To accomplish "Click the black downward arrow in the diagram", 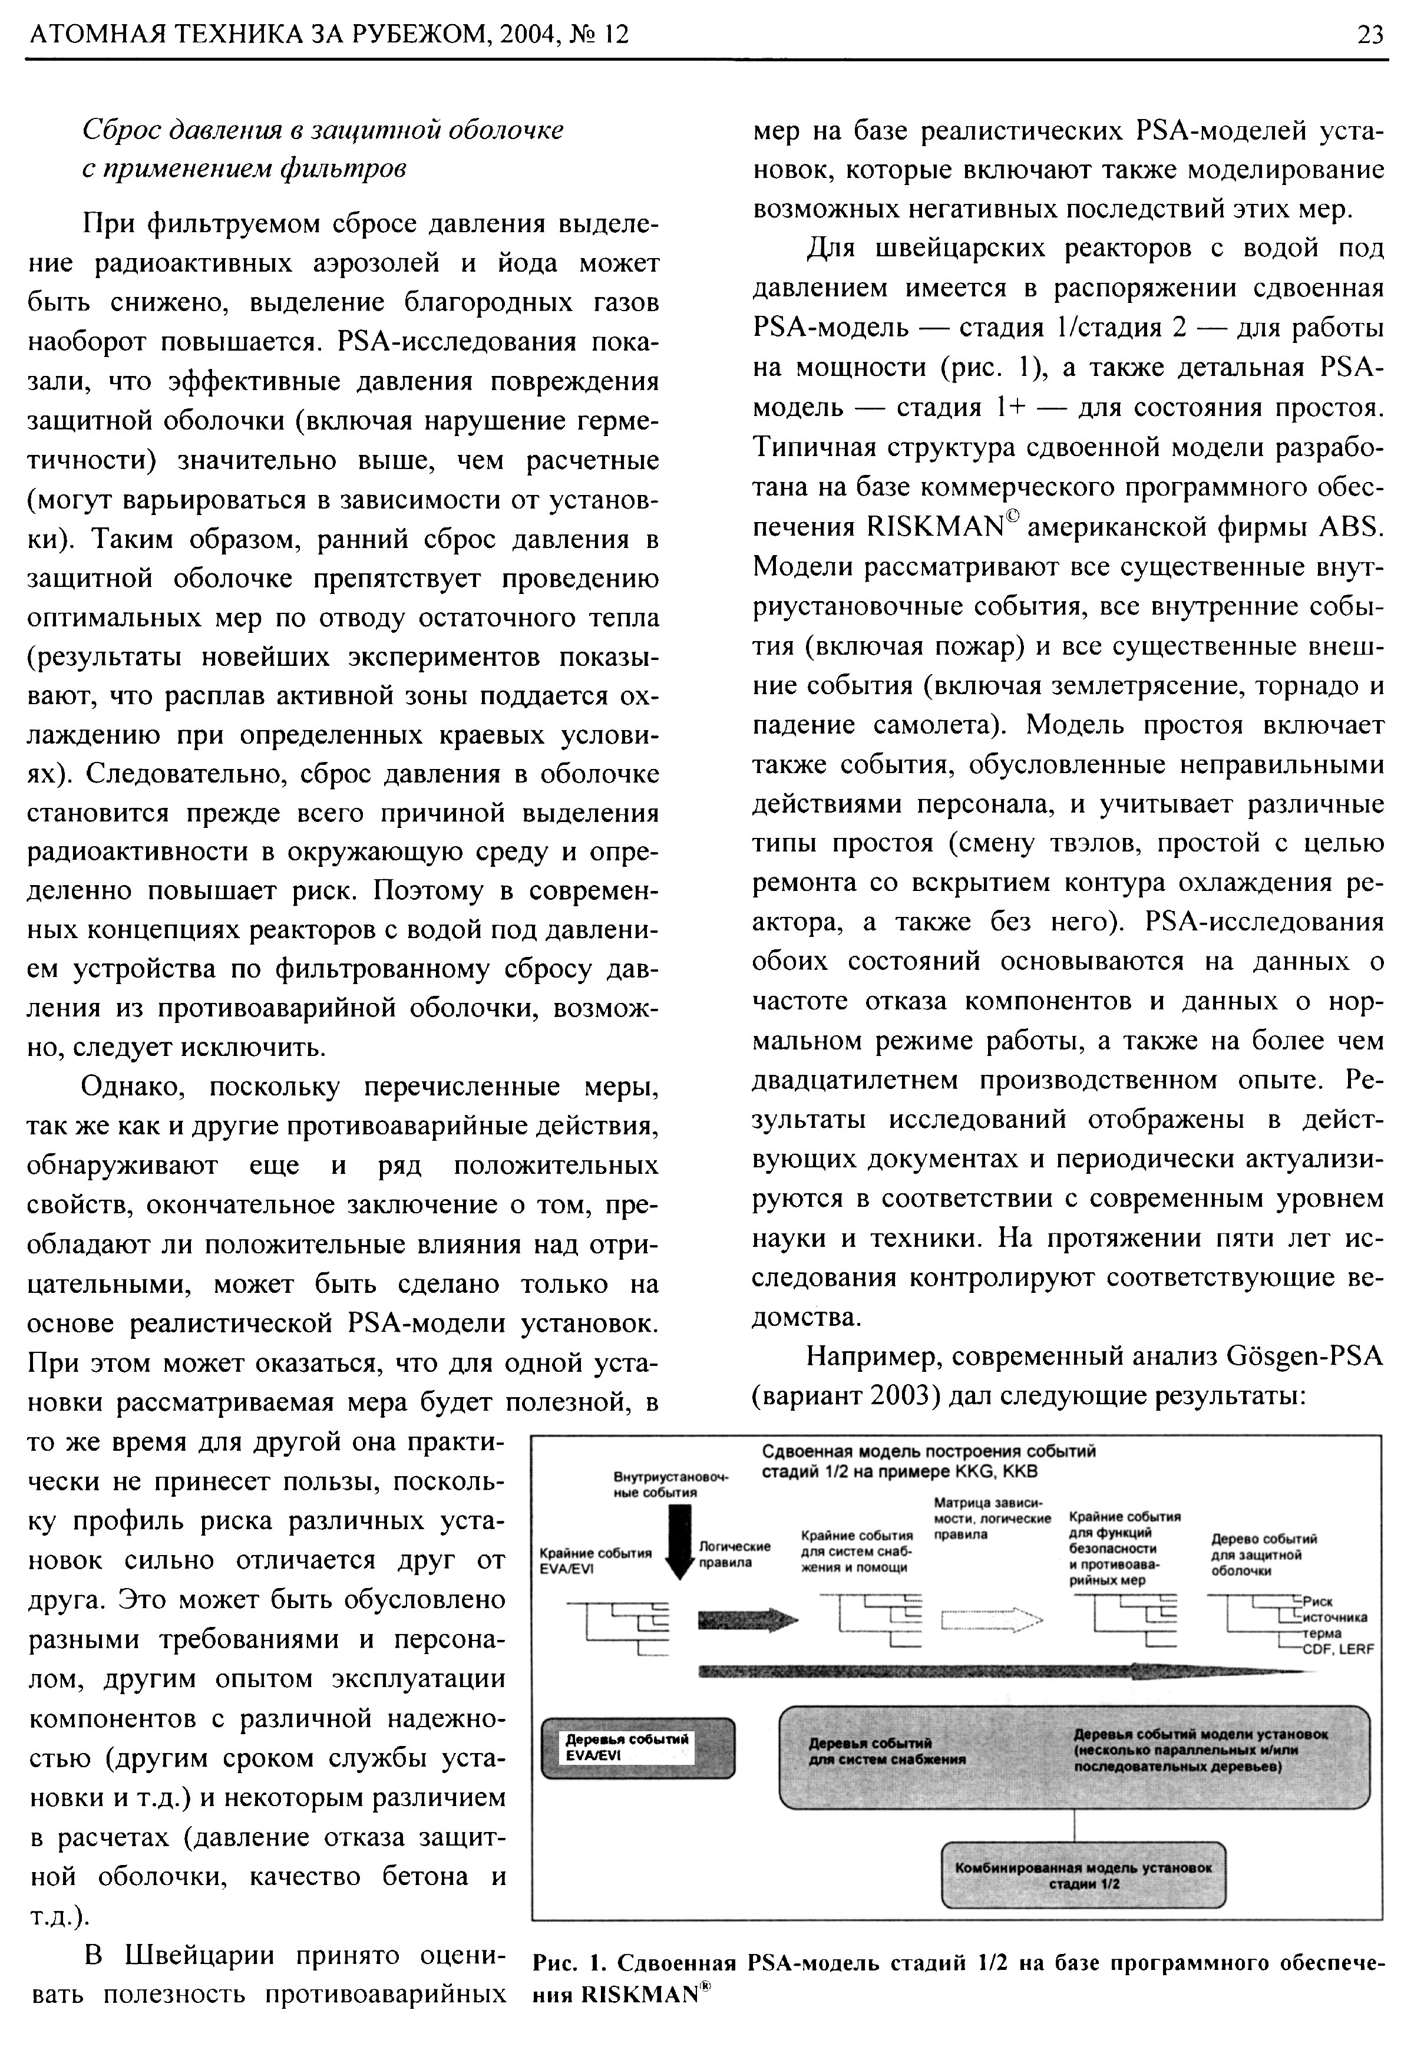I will (x=679, y=1542).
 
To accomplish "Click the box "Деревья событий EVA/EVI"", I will (x=638, y=1747).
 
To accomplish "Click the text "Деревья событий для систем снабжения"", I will (x=886, y=1752).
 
